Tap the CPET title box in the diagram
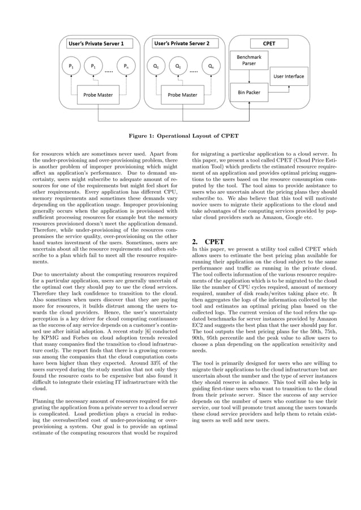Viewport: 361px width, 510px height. [269, 43]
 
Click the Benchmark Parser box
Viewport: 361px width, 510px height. [249, 60]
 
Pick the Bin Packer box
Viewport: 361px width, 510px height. [249, 92]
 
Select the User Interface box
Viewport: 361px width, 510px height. [289, 76]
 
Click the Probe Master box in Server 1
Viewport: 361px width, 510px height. [98, 94]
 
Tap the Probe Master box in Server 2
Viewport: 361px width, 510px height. [182, 94]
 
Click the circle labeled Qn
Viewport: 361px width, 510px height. [210, 67]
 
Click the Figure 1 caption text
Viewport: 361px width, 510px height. [180, 136]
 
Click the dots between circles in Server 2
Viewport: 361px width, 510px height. [194, 72]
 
